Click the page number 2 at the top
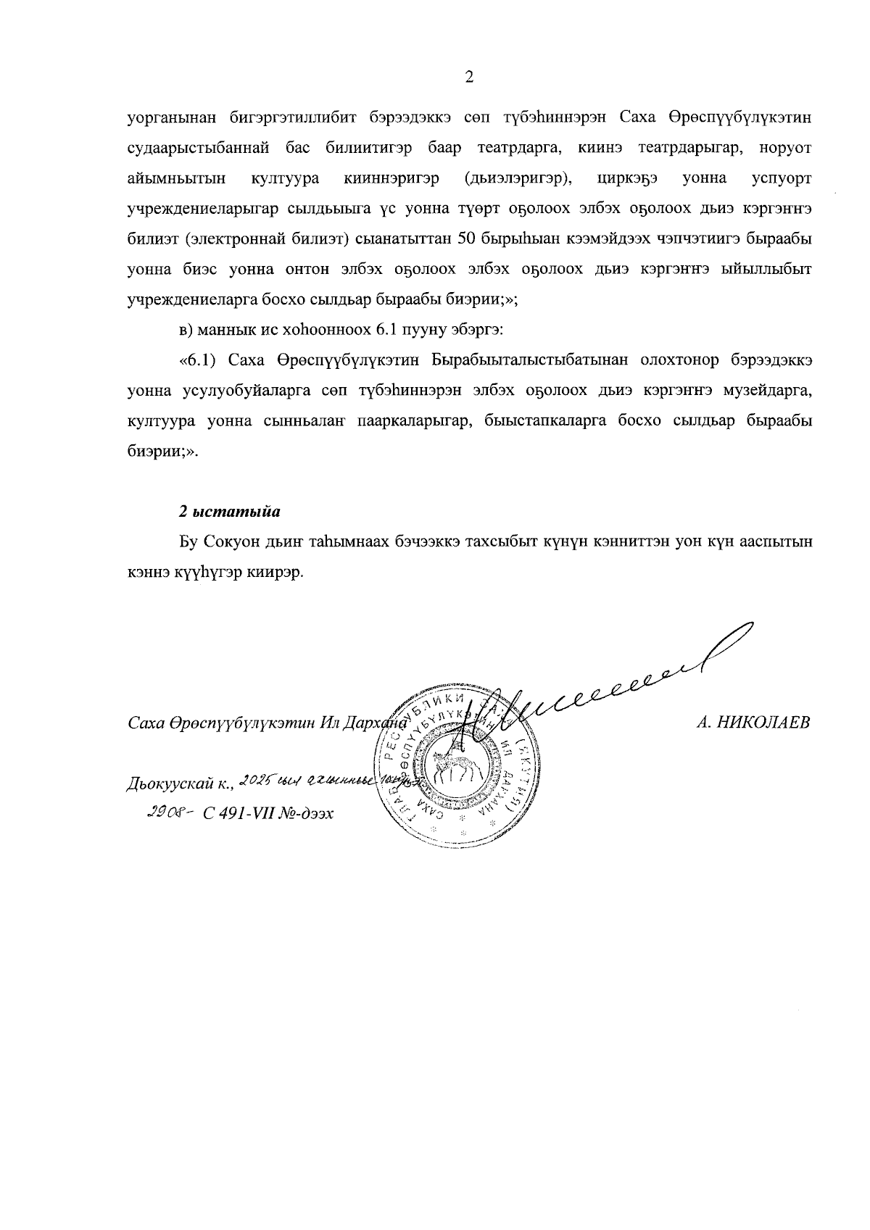pos(469,78)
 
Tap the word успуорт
pos(782,178)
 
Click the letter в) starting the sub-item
pos(186,330)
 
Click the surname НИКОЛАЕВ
pos(766,723)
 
